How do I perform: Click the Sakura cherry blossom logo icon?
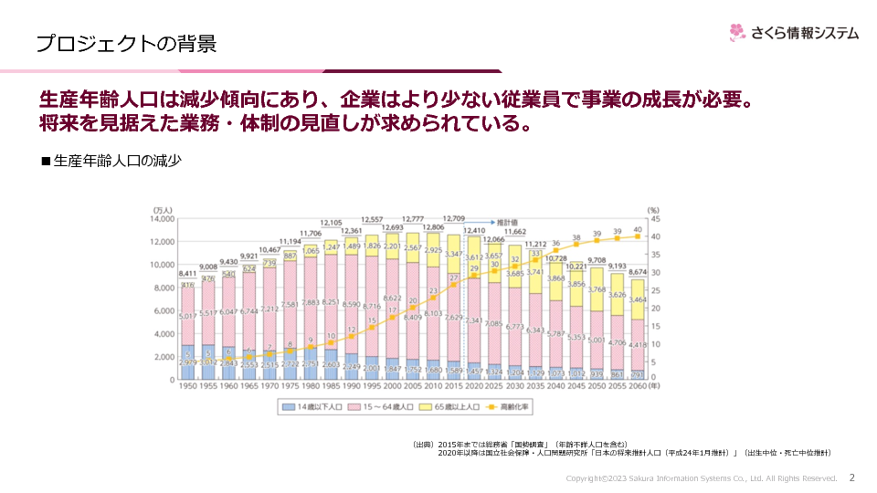tap(738, 33)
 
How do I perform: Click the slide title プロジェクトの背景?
tap(126, 43)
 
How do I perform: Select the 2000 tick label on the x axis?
tap(391, 387)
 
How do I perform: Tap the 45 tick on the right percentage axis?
tap(653, 219)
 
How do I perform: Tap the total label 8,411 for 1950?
tap(187, 274)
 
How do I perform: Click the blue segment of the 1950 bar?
tap(187, 362)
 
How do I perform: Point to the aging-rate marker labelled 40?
tap(638, 236)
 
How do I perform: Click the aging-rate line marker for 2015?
tap(453, 284)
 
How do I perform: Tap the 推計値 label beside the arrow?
tap(507, 222)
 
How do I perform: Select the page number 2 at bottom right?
tap(852, 477)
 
